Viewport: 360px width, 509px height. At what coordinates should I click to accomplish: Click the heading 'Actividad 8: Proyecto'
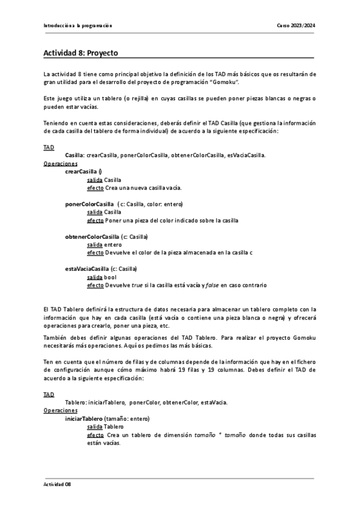tap(81, 53)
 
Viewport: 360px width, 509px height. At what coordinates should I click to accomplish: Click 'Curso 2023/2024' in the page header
tap(296, 26)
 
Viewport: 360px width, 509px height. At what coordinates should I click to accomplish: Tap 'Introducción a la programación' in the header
tap(78, 26)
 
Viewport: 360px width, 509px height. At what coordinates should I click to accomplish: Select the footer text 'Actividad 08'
tap(57, 484)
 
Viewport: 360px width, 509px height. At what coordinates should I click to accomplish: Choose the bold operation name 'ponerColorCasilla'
tap(89, 203)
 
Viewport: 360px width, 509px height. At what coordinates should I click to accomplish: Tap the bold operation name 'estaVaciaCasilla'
tap(86, 269)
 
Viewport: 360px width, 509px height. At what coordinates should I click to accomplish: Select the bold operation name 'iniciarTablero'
tap(84, 418)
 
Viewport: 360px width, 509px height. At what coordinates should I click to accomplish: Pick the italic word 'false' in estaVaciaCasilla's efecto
tap(211, 285)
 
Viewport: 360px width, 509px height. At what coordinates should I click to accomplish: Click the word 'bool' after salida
tap(110, 277)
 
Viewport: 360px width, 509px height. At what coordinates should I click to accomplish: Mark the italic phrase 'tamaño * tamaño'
tap(219, 435)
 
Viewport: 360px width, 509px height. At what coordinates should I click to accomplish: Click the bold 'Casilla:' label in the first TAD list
tap(75, 155)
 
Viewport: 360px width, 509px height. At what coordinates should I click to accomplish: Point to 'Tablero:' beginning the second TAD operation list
tap(76, 402)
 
